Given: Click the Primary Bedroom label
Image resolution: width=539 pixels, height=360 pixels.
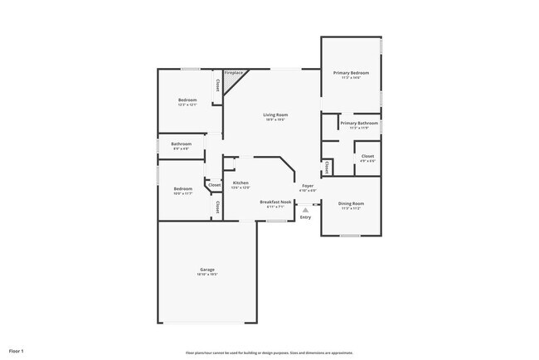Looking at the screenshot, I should point(351,73).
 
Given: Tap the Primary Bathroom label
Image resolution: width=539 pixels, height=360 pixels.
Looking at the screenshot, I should point(359,123).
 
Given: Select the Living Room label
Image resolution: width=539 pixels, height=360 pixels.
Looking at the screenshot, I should point(275,114).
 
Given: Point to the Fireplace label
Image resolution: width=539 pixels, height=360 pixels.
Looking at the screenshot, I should point(234,73).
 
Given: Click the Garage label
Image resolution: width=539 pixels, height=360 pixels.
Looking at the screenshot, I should point(207,270).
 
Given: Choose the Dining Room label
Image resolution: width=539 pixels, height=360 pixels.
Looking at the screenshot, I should point(351,203).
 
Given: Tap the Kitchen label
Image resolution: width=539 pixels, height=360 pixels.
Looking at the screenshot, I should point(240,182).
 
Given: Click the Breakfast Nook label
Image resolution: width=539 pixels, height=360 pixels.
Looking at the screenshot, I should point(275,202).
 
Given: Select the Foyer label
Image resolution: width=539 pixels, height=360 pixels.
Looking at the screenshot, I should point(308,186).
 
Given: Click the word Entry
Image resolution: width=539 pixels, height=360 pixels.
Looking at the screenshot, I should point(305,217).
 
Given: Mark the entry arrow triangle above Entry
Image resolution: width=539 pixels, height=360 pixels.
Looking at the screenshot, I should point(305,210).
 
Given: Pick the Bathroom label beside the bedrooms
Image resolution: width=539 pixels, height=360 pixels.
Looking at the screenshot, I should point(182,144).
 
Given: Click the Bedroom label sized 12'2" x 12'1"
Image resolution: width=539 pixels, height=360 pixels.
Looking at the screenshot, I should point(187,100).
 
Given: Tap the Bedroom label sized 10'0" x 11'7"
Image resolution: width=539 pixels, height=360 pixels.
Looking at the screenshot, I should point(182,188).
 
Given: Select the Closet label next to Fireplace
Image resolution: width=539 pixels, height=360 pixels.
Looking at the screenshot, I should point(217,85).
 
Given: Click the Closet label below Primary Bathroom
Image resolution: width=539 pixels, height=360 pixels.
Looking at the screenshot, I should point(367,155).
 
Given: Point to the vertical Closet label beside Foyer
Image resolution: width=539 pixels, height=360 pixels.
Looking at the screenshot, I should point(328,168).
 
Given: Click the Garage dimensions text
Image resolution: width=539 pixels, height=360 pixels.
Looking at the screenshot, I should point(207,275).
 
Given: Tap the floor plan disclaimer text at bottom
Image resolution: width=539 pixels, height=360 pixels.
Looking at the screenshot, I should point(269,352).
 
